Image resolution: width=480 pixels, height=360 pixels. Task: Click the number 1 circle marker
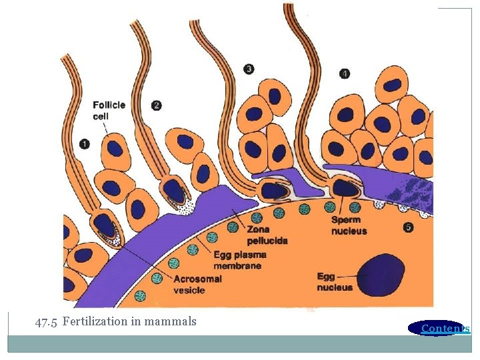[x=84, y=143]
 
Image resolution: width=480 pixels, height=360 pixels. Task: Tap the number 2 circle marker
[x=156, y=105]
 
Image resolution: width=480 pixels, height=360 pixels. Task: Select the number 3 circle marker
[x=249, y=69]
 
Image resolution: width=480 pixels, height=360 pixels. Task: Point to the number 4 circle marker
[x=344, y=73]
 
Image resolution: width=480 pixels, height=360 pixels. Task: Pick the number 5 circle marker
[x=409, y=227]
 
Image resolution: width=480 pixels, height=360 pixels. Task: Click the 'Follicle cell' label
[x=109, y=110]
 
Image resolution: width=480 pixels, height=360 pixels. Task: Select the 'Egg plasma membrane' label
[x=239, y=260]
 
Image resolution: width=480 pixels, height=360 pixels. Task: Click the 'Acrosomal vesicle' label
[x=197, y=285]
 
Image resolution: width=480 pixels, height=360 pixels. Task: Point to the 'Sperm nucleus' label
[x=349, y=226]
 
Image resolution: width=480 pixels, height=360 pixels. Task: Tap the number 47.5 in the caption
[x=47, y=321]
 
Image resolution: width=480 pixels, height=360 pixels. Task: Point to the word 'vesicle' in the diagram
[x=189, y=290]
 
